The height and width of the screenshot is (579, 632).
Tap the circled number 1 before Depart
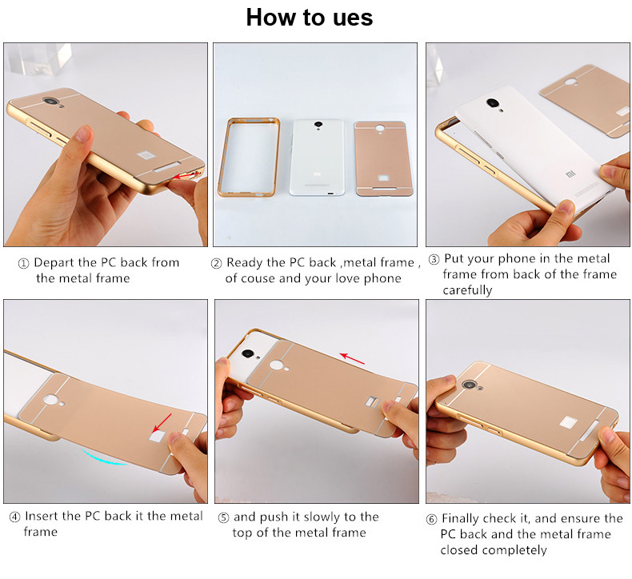point(23,263)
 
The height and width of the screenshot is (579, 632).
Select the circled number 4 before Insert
point(14,517)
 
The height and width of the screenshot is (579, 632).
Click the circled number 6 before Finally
point(431,518)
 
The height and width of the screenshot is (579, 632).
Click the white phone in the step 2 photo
point(318,158)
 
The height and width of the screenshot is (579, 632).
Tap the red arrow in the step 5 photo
point(352,359)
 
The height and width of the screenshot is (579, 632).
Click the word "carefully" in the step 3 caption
point(467,290)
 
